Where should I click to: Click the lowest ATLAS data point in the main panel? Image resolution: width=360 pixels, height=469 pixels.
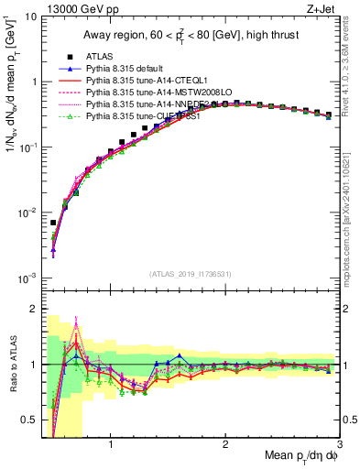(x=53, y=223)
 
